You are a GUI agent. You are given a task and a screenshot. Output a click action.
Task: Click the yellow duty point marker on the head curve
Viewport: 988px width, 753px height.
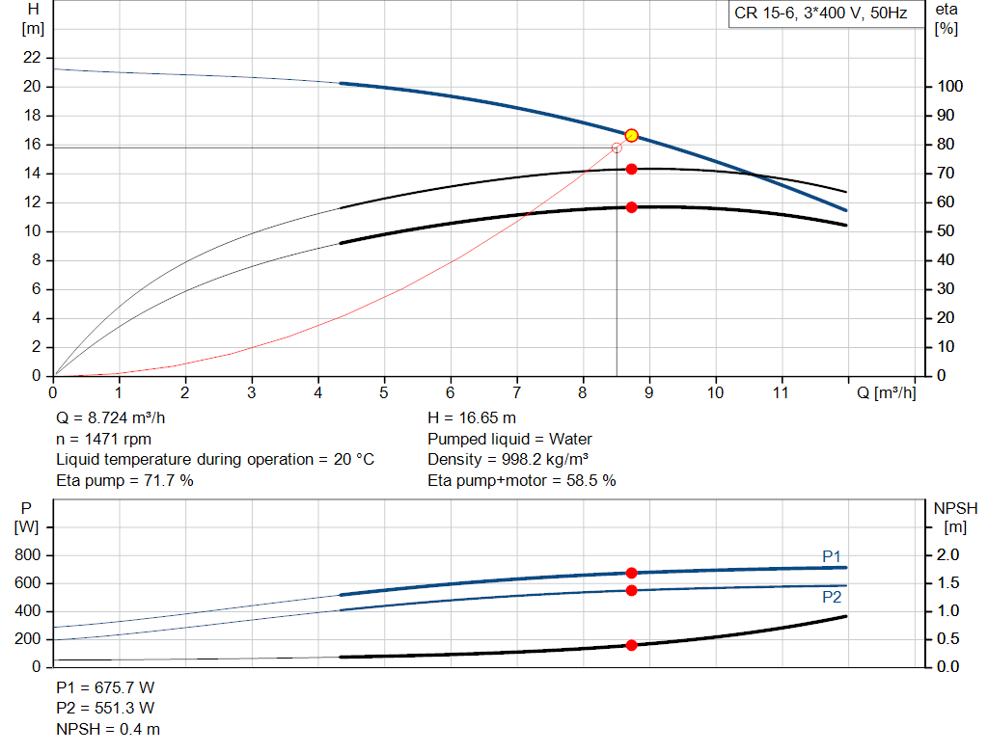point(631,135)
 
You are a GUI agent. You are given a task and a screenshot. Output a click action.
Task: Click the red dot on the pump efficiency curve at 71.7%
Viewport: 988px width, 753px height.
point(631,169)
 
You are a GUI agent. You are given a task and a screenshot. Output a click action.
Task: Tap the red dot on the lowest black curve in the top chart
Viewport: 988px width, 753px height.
point(631,207)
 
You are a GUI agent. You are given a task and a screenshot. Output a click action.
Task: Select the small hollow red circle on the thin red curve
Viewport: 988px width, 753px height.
point(617,148)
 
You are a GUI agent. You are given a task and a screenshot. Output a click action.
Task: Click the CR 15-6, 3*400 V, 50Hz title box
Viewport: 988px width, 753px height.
point(820,14)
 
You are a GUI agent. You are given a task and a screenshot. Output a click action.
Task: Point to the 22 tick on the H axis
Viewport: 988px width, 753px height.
point(33,58)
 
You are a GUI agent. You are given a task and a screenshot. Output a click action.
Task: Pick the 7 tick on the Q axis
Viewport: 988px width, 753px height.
point(516,392)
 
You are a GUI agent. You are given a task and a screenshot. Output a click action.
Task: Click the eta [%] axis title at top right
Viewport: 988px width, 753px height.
point(947,18)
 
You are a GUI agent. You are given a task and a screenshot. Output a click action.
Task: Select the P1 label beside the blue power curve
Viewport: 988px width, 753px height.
point(832,555)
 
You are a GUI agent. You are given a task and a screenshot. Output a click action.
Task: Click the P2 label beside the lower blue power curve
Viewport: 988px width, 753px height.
point(832,597)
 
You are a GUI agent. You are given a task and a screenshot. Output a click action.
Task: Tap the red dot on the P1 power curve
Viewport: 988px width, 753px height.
point(631,573)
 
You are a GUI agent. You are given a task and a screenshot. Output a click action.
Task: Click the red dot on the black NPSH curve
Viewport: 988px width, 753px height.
point(631,645)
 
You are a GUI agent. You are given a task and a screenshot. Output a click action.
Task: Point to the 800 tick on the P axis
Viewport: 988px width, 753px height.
point(28,555)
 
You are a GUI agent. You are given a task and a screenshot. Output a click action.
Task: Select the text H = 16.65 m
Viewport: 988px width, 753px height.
point(471,418)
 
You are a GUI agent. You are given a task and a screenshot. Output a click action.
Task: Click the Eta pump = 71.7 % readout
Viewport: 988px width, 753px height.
point(124,480)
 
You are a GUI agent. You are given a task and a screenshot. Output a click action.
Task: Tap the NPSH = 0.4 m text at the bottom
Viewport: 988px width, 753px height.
point(108,730)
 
